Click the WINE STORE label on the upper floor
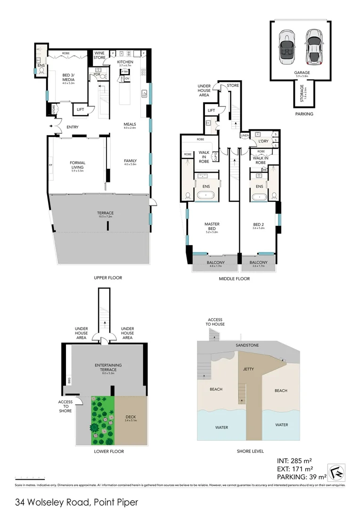[99, 55]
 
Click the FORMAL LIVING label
[77, 165]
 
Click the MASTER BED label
[212, 227]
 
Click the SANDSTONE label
[248, 345]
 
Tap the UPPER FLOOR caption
[108, 278]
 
